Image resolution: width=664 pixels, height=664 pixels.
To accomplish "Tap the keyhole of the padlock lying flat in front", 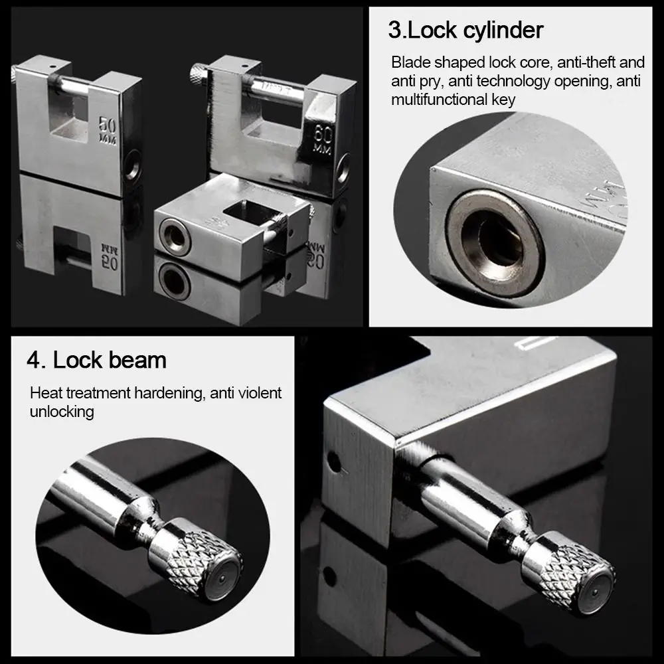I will click(175, 237).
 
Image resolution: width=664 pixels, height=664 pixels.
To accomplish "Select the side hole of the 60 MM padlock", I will click(343, 167).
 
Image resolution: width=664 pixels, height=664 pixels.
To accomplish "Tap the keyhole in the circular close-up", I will click(492, 238).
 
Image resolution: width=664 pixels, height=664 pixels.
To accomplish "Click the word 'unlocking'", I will click(62, 411).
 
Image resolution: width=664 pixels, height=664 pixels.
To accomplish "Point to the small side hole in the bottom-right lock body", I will click(335, 462).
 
